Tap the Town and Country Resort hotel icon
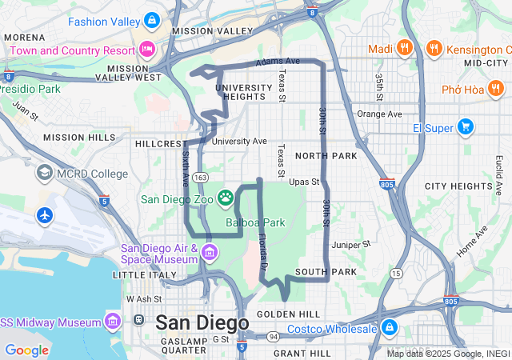point(146,50)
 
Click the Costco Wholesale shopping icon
point(389,328)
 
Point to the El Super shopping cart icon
point(466,127)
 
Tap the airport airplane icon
point(44,215)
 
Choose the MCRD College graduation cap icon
point(44,174)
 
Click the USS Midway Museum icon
point(113,322)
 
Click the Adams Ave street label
point(278,61)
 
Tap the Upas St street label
point(304,182)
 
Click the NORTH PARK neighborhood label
point(326,155)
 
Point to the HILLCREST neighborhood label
point(160,144)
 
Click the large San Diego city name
point(202,322)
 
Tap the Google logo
point(26,350)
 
